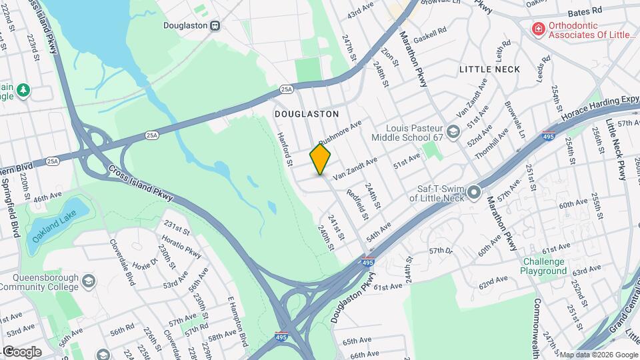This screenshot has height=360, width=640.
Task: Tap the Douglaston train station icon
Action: (x=215, y=25)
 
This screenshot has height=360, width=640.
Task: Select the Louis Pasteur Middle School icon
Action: (x=453, y=131)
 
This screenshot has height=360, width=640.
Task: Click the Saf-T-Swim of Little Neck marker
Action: (x=474, y=193)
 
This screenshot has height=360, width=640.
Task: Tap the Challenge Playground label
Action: (x=544, y=267)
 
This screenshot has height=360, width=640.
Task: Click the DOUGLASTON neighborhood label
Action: (x=307, y=115)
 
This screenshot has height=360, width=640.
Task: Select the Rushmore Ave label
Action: (x=339, y=132)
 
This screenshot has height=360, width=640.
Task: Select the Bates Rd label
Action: (x=585, y=12)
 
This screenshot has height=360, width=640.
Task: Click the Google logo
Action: (x=22, y=351)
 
